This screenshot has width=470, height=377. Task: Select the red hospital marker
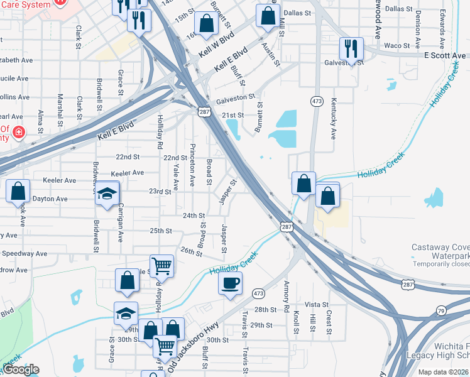pos(19,132)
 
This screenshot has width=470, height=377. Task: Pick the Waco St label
pos(396,46)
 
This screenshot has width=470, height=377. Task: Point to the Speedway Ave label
pos(24,254)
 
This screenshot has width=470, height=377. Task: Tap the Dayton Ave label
pos(50,199)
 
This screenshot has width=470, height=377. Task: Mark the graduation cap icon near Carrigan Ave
pos(107,194)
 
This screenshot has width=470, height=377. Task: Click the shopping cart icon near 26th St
pos(161,266)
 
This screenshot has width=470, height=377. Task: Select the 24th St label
pos(194,216)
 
